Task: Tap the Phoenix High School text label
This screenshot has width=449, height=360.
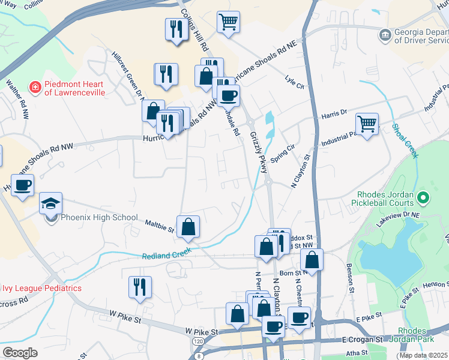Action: tap(99, 218)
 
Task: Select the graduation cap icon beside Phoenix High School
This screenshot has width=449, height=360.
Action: tap(51, 203)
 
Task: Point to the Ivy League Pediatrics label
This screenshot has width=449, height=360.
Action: tap(41, 288)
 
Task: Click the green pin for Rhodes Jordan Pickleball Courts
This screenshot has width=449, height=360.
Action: tap(423, 197)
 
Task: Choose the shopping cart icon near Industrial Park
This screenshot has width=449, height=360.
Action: tap(367, 124)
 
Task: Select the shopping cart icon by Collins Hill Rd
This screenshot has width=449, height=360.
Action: tap(228, 22)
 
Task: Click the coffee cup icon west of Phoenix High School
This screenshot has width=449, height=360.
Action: tap(23, 185)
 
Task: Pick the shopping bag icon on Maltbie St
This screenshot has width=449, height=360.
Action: tap(188, 226)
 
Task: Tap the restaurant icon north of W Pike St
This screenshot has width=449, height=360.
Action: tap(140, 286)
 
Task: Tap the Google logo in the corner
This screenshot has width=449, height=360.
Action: tap(20, 352)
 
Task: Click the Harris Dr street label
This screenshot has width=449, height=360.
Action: tap(334, 112)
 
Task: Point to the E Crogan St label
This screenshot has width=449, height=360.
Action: tap(363, 340)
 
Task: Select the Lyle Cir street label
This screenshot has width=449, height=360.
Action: tap(295, 82)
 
